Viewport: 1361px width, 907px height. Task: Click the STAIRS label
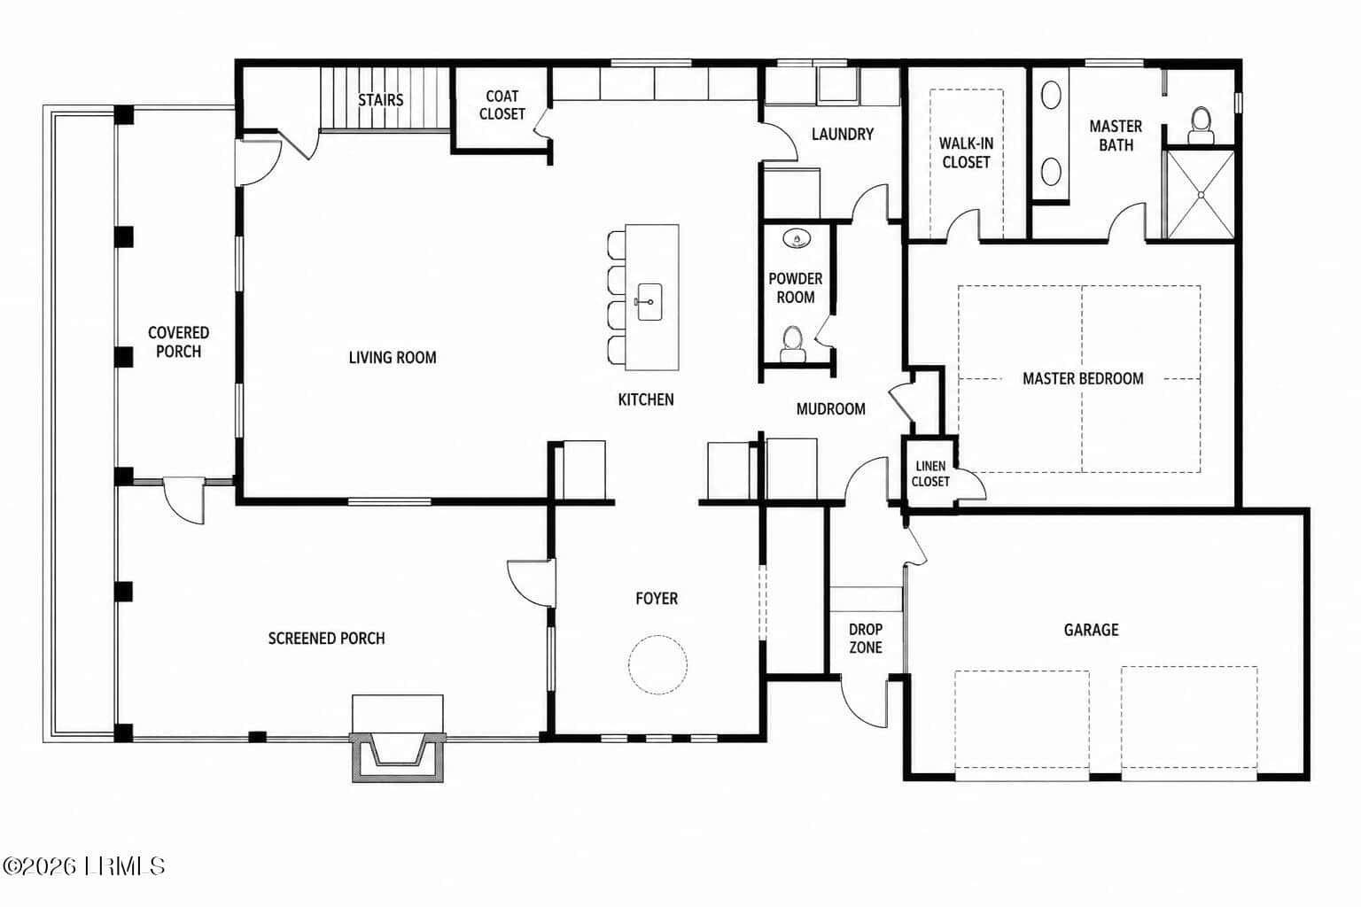380,99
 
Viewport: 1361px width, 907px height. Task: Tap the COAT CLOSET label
502,105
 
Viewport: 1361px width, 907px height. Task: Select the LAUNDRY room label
843,134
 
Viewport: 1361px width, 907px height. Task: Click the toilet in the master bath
1201,125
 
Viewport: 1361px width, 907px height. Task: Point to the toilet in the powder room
793,344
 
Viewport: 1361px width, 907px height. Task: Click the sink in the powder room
797,238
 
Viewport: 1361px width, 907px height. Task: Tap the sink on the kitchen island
649,301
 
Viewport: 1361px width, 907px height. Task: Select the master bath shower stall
1200,194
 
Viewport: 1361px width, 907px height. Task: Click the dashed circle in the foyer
658,664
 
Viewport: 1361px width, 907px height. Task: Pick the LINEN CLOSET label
930,473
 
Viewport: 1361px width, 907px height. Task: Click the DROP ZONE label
866,638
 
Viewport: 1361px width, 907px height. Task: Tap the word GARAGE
1092,630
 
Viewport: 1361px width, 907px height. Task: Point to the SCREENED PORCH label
327,639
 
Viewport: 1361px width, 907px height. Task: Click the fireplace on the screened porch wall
398,756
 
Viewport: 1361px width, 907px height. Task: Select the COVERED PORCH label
179,342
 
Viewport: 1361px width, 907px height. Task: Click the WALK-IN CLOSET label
966,153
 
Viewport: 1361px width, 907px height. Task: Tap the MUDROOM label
831,409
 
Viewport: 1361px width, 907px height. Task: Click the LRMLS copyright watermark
83,865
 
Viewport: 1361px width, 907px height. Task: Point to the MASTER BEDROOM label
1083,378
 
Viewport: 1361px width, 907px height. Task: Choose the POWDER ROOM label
796,288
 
